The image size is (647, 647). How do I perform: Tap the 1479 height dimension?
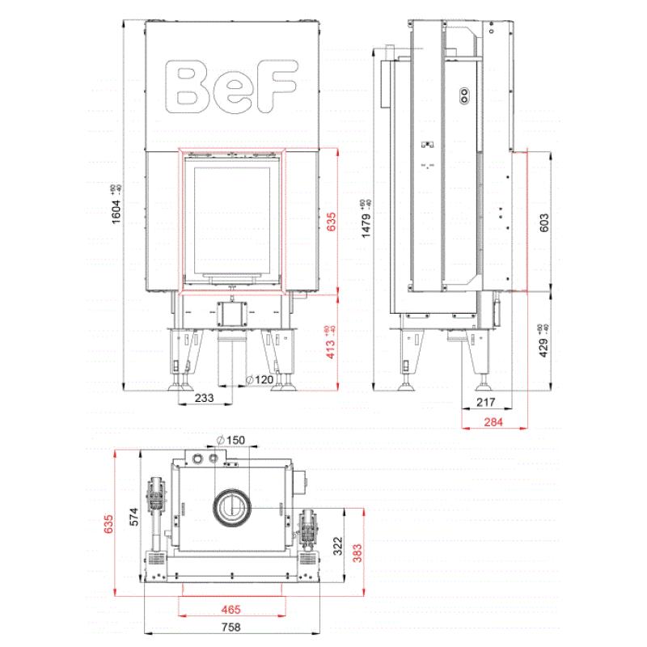click(366, 218)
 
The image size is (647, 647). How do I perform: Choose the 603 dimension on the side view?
click(543, 223)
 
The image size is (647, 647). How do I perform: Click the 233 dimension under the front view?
click(205, 398)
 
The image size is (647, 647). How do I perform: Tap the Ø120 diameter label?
click(259, 379)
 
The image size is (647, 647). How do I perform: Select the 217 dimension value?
click(485, 402)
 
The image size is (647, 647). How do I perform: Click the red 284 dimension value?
click(493, 422)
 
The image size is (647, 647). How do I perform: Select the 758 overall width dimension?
click(232, 627)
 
